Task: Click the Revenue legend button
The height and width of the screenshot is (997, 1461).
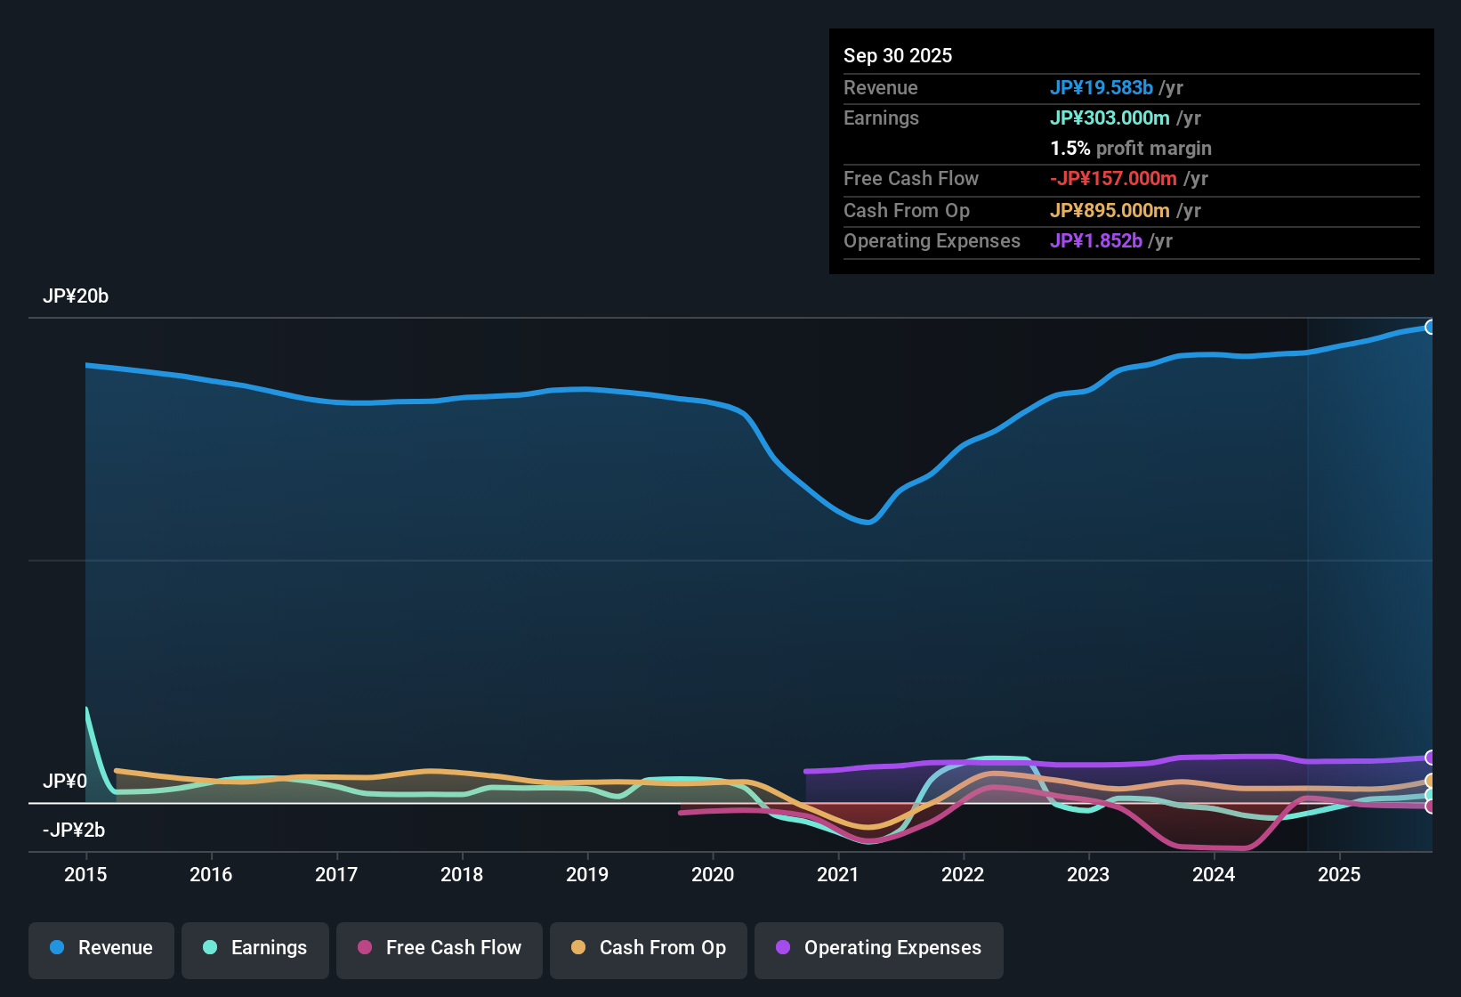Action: pos(101,948)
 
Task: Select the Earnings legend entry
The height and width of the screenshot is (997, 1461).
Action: pos(255,948)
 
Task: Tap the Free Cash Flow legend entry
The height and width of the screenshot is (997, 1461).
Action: pos(440,948)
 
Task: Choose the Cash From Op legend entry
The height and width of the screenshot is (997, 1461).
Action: pos(649,948)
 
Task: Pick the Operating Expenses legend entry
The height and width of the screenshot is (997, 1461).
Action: pos(879,948)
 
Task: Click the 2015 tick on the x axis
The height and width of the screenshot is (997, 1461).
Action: pos(85,874)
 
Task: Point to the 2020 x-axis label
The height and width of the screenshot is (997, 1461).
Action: pos(713,874)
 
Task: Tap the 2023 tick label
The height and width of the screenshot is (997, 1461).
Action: pos(1088,874)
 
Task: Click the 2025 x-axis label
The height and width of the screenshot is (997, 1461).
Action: pos(1339,874)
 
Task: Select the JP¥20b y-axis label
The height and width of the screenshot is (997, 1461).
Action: pos(76,296)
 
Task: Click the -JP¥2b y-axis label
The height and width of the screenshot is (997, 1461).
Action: pos(74,831)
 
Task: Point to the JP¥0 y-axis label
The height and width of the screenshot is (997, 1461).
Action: pos(65,782)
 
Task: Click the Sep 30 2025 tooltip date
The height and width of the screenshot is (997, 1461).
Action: pos(898,55)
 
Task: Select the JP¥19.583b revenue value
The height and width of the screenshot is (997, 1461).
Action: pos(1102,87)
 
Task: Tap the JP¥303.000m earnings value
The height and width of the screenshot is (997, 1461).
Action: pos(1110,118)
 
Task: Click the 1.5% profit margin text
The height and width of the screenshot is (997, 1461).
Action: pos(1131,148)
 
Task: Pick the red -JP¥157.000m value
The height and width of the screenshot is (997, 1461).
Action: pos(1113,178)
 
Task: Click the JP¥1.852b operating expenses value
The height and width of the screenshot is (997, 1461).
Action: pos(1096,240)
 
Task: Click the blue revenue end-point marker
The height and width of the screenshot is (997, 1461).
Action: pos(1430,327)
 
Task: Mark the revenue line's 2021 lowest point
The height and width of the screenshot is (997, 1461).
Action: pos(868,523)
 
